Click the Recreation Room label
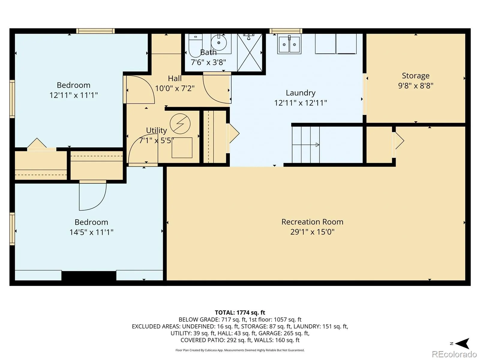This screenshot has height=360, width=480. (x=312, y=222)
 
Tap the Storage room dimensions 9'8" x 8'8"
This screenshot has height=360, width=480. (x=415, y=85)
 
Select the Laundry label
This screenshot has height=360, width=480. (x=301, y=93)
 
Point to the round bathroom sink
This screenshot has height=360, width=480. (x=219, y=42)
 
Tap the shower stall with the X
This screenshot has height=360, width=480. (x=250, y=52)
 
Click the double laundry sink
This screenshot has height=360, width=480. (x=289, y=45)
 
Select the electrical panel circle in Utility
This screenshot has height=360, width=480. (x=180, y=124)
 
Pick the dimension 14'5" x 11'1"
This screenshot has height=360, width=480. (x=91, y=232)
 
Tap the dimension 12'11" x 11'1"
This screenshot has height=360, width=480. (x=73, y=95)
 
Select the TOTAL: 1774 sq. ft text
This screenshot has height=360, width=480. (x=240, y=313)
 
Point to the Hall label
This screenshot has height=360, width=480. (x=175, y=78)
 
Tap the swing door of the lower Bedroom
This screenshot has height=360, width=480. (x=93, y=196)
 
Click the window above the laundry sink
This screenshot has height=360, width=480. (x=286, y=31)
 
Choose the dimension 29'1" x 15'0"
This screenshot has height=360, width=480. (x=312, y=232)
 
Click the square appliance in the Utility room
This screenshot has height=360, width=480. (x=182, y=148)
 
